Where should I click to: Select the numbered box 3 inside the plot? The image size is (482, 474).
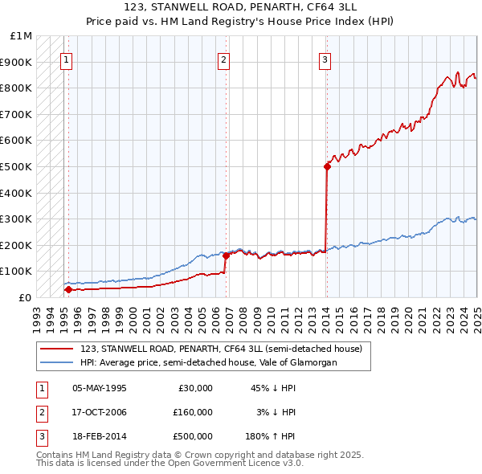click(x=325, y=59)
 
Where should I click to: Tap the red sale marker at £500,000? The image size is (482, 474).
click(x=327, y=166)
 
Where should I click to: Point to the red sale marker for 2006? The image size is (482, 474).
click(x=226, y=255)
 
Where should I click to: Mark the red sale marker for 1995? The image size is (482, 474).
click(x=68, y=289)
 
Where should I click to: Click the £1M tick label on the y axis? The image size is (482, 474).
click(x=22, y=36)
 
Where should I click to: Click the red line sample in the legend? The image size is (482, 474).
click(x=56, y=349)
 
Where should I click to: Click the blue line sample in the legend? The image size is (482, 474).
click(x=56, y=362)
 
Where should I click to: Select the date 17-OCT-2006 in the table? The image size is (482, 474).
click(x=99, y=412)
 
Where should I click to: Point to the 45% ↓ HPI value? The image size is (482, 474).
click(x=273, y=388)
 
